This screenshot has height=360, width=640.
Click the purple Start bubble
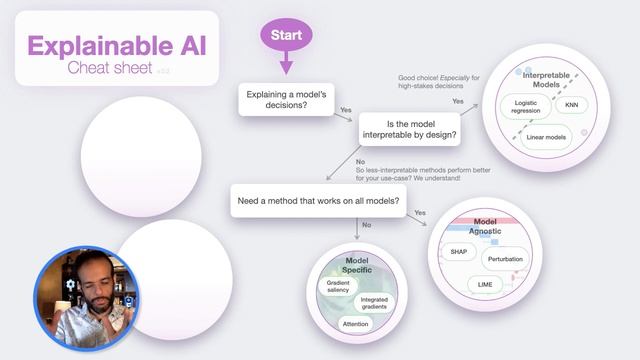pyautogui.click(x=286, y=35)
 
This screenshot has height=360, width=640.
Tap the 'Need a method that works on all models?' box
pyautogui.click(x=319, y=201)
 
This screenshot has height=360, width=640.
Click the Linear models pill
pyautogui.click(x=546, y=137)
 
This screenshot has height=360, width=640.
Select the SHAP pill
pyautogui.click(x=460, y=252)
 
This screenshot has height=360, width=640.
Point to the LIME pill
pyautogui.click(x=486, y=284)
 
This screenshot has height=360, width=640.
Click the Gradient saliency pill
pyautogui.click(x=337, y=287)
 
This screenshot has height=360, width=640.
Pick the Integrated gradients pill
pyautogui.click(x=376, y=303)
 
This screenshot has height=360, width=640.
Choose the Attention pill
pyautogui.click(x=355, y=324)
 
